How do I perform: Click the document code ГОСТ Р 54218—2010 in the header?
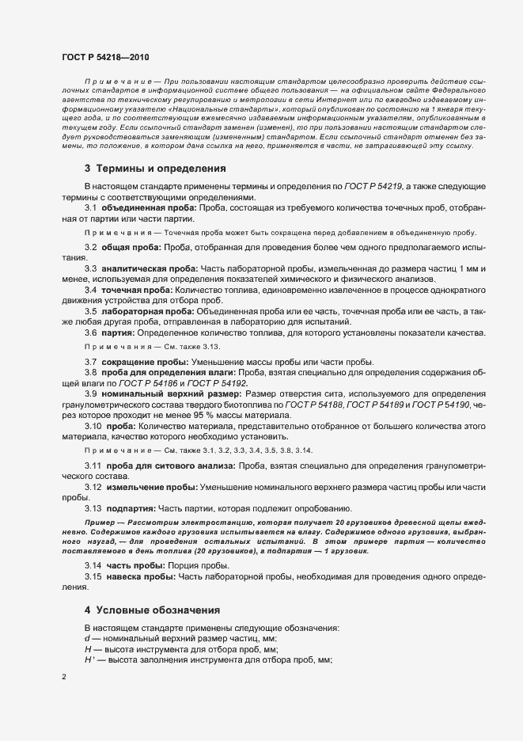tap(104, 57)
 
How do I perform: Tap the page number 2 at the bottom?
tap(64, 678)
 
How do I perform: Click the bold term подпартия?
tap(131, 507)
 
